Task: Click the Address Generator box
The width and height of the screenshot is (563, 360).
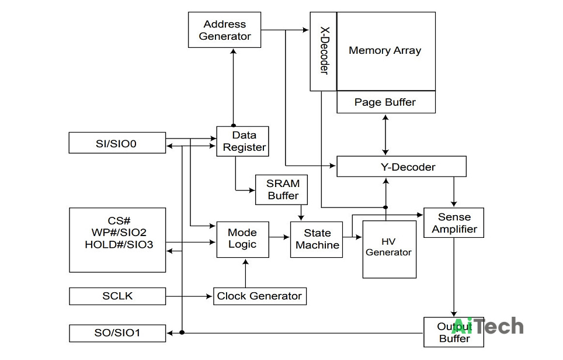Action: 224,30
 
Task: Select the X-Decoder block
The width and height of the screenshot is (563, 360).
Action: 323,51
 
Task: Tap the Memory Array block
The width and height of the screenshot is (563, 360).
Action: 386,51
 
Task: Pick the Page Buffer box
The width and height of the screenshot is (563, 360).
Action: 386,102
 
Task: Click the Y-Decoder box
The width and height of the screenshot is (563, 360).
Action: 401,167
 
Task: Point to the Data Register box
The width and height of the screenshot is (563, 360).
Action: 242,141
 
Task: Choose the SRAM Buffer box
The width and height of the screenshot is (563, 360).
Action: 281,190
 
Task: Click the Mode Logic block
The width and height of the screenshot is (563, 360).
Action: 243,239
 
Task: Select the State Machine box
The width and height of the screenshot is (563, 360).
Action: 317,239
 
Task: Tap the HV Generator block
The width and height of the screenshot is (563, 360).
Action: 390,250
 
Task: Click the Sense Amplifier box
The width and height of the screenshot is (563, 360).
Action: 454,223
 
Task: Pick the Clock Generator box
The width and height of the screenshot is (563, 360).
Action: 260,296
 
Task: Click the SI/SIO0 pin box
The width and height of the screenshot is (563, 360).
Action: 117,143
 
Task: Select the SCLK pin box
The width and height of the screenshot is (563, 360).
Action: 117,296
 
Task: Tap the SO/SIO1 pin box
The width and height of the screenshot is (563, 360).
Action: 117,333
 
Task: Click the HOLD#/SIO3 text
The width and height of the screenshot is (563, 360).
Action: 119,245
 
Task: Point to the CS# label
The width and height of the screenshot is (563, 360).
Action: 119,220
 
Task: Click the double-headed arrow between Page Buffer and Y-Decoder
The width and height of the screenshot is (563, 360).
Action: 385,135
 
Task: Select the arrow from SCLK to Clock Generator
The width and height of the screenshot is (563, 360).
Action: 189,296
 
